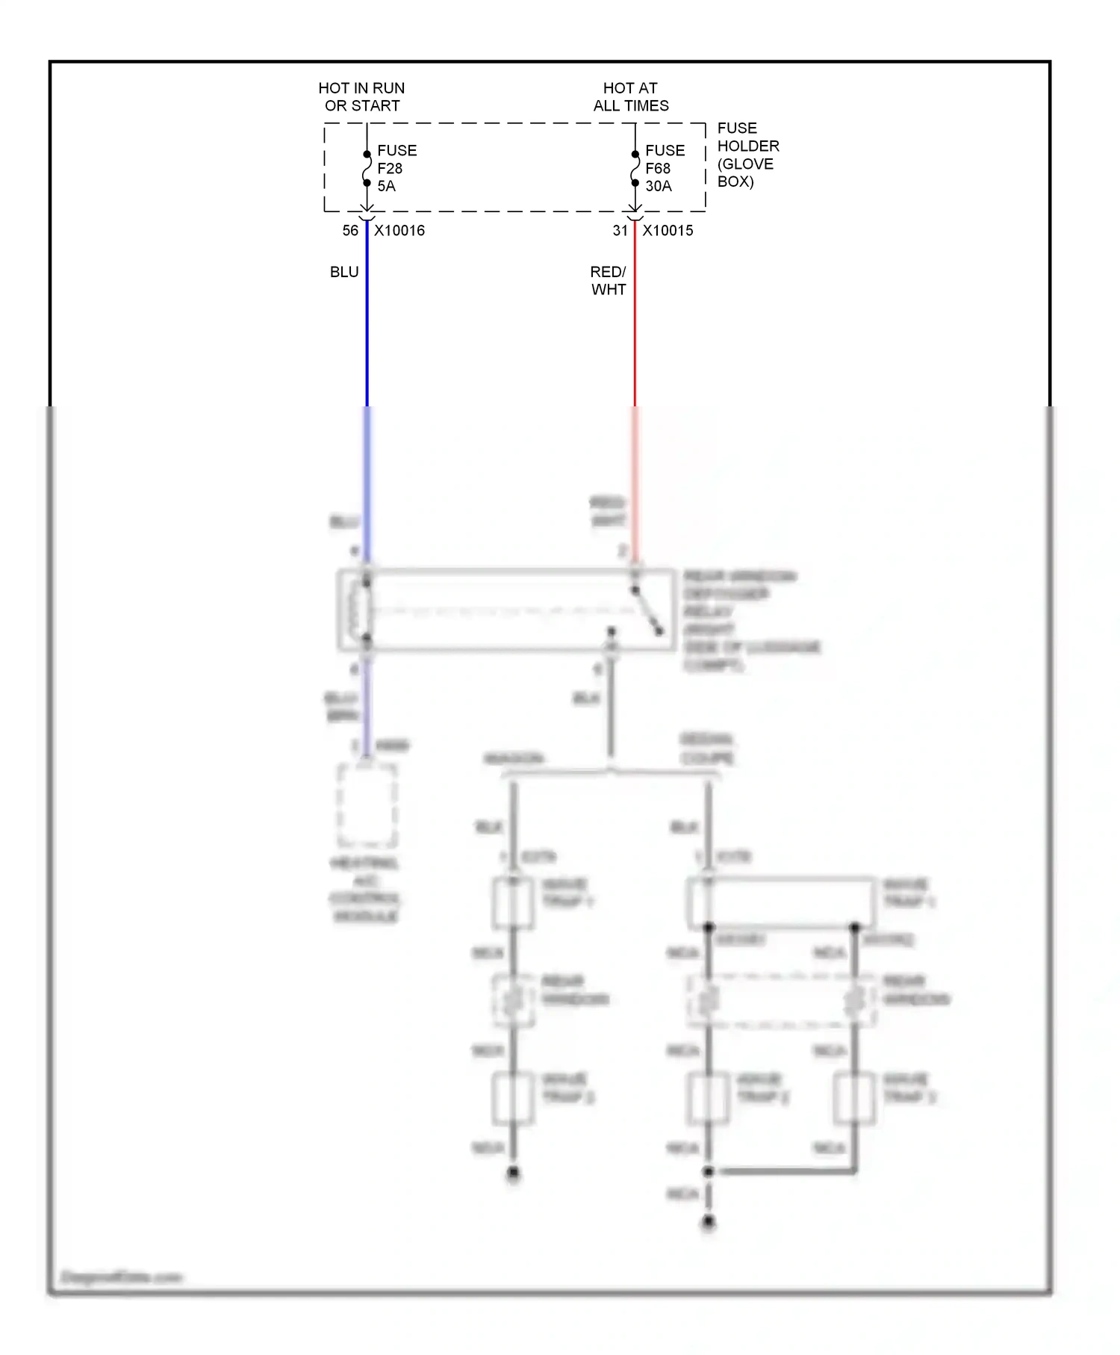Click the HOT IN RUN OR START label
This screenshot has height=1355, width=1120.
pyautogui.click(x=361, y=97)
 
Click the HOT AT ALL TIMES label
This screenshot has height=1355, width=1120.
pyautogui.click(x=631, y=97)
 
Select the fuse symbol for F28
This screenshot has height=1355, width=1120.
pyautogui.click(x=367, y=169)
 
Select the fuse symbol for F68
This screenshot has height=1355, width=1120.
pyautogui.click(x=635, y=169)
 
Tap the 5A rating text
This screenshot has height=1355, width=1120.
pyautogui.click(x=386, y=186)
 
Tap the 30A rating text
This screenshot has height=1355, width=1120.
pyautogui.click(x=658, y=186)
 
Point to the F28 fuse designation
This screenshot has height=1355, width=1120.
pyautogui.click(x=390, y=169)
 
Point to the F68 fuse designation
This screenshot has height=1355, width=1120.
pyautogui.click(x=658, y=169)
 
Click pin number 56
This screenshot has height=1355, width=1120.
pyautogui.click(x=350, y=231)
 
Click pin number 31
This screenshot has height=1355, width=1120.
pyautogui.click(x=620, y=231)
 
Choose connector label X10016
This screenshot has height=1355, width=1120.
pyautogui.click(x=399, y=231)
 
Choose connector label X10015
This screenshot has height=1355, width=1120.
pyautogui.click(x=668, y=231)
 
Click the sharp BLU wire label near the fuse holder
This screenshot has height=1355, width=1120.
pyautogui.click(x=344, y=272)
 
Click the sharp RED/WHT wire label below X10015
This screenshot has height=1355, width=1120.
pyautogui.click(x=608, y=281)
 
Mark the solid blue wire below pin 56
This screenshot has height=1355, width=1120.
pyautogui.click(x=367, y=321)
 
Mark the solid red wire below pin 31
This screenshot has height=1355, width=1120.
pyautogui.click(x=635, y=321)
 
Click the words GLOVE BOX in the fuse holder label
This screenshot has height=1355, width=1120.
pyautogui.click(x=745, y=173)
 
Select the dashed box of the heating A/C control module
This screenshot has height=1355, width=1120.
pyautogui.click(x=367, y=804)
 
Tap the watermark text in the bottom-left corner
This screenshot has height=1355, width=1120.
pyautogui.click(x=121, y=1277)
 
